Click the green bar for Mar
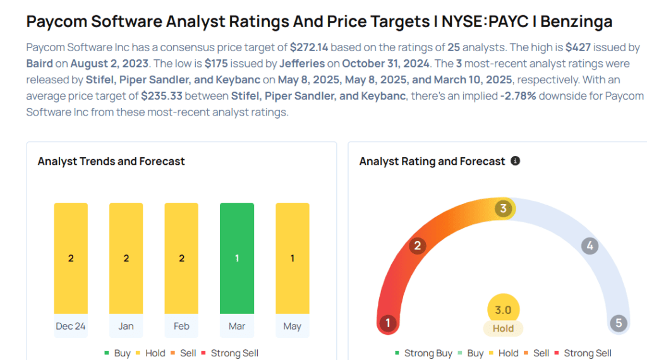coord(237,258)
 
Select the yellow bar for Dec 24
coord(71,258)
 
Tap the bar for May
coord(293,258)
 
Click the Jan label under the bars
coord(126,327)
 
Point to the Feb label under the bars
coord(181,327)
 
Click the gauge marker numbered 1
coord(387,323)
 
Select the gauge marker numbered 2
coord(417,246)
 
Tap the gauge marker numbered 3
coord(503,209)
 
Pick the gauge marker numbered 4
coord(590,246)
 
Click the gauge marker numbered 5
coord(619,323)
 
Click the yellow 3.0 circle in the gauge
coord(503,310)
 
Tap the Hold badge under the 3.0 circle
coord(503,328)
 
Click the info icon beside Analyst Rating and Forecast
coord(515,161)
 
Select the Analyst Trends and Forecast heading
coord(111,161)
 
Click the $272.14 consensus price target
coord(310,47)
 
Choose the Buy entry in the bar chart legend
coord(119,353)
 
